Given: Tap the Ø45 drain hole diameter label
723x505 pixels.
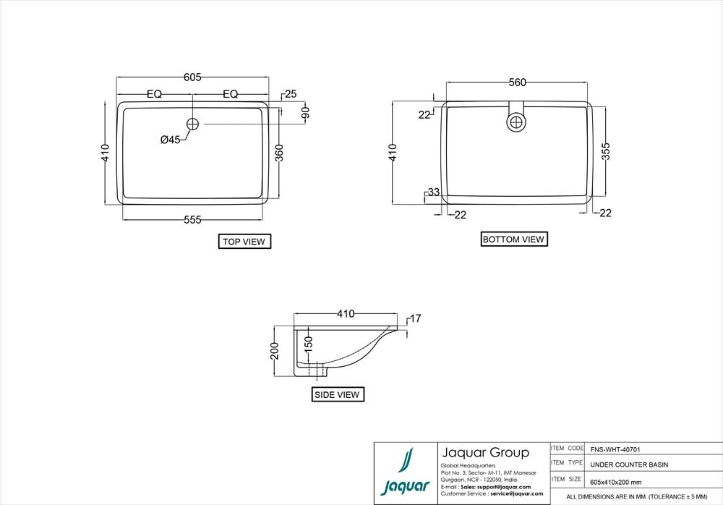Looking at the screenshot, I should point(171,139).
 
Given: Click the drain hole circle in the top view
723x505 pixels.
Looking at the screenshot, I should point(192,124).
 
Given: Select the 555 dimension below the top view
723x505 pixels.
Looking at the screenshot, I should point(192,220).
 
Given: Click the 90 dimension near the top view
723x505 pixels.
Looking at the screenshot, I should point(306,113).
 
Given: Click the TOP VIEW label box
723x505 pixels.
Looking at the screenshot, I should point(244,242).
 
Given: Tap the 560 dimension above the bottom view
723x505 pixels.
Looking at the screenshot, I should point(517,82).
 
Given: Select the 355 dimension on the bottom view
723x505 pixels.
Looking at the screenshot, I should point(607,150).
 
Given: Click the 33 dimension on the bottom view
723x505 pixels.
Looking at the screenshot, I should point(433,192).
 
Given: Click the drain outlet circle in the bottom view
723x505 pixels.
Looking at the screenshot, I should point(516,122).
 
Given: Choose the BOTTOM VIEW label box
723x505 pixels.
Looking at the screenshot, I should point(513,239).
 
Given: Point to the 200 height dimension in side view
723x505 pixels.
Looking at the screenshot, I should point(275,350).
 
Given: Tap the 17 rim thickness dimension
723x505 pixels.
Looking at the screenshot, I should point(415,318).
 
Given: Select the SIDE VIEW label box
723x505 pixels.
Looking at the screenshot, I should point(338,394).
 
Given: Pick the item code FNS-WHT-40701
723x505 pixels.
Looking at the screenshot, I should point(615,449).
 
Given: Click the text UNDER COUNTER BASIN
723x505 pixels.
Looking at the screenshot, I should point(629,464).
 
